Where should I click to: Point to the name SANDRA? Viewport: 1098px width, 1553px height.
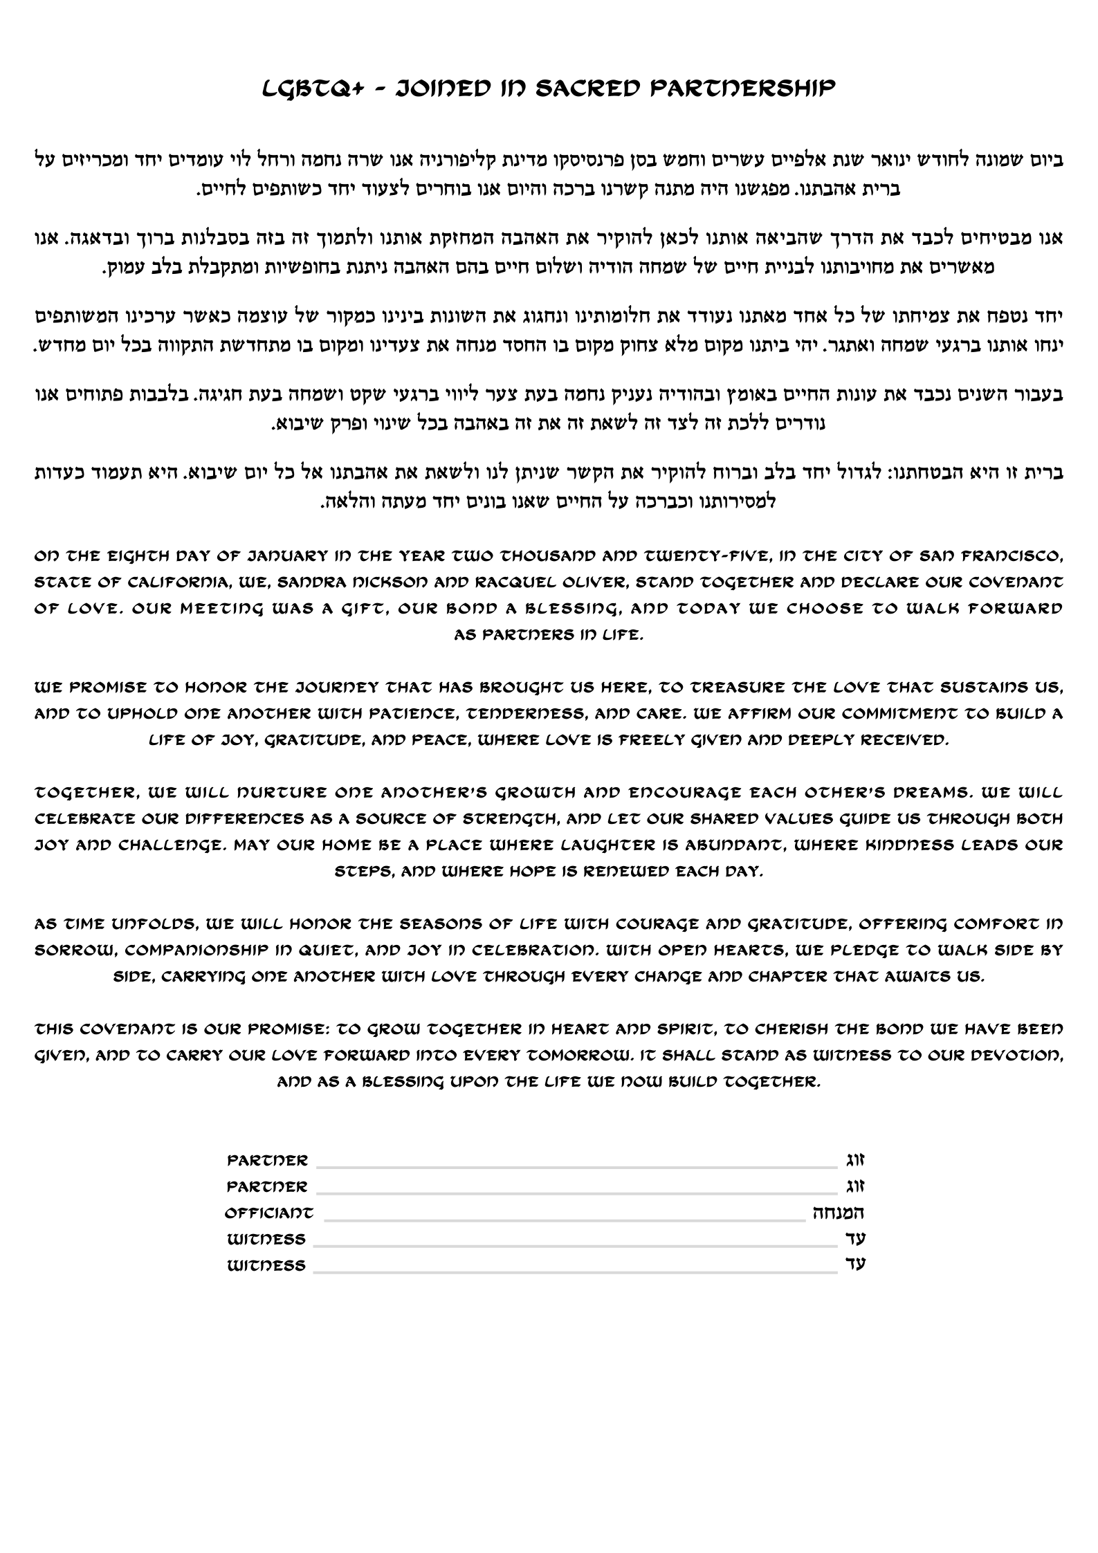[311, 582]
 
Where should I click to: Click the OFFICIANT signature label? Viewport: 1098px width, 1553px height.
[268, 1213]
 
